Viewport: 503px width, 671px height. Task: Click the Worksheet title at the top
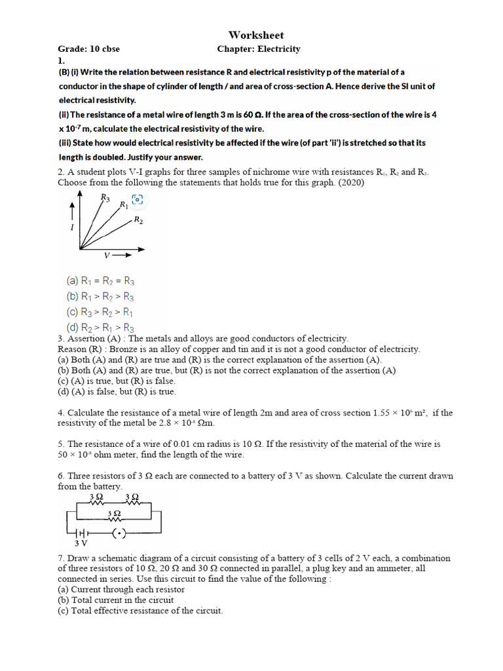tap(256, 35)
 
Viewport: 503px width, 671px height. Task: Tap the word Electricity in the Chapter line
tap(279, 49)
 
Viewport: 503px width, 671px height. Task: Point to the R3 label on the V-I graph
tap(105, 197)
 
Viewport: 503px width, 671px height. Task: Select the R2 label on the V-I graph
tap(138, 221)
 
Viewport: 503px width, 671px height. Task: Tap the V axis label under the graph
tap(107, 254)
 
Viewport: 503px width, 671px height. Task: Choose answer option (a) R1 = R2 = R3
tap(100, 281)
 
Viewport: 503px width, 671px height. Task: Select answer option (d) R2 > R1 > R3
tap(100, 328)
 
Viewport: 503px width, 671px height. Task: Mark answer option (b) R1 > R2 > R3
tap(100, 297)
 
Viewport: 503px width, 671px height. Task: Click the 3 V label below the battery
tap(81, 543)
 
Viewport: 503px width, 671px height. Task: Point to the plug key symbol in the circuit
tap(119, 533)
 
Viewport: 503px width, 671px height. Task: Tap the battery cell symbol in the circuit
tap(84, 533)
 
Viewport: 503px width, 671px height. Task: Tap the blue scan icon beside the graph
tap(137, 200)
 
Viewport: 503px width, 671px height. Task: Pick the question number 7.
tap(61, 558)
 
